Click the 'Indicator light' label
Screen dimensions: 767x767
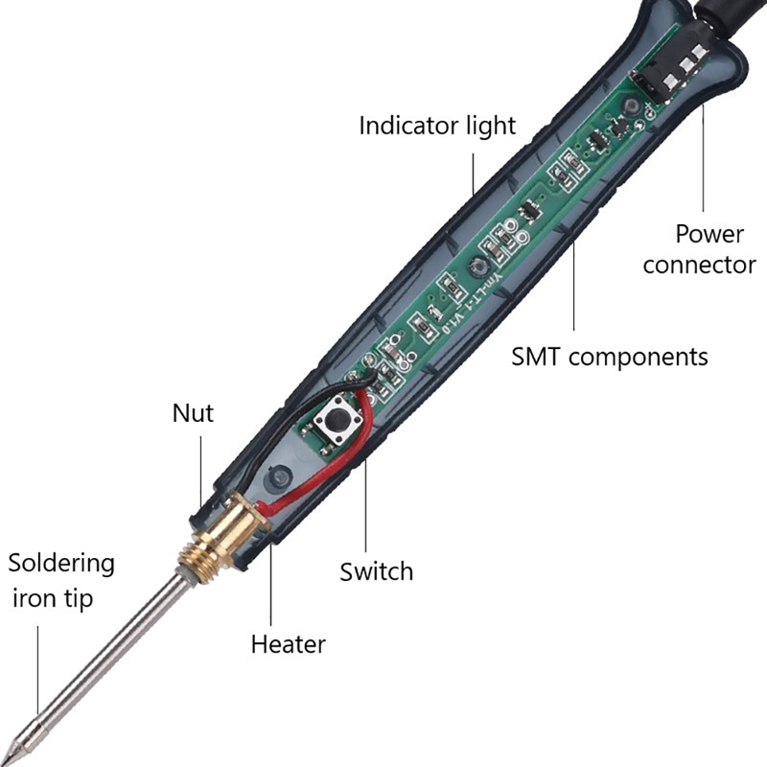tap(437, 126)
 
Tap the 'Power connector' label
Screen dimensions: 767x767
tap(699, 248)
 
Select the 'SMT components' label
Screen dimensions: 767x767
tap(609, 357)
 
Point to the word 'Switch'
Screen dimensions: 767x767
tap(376, 571)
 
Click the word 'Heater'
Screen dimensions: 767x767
tap(288, 643)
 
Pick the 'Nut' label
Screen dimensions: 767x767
tap(193, 413)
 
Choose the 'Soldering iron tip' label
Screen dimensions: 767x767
tap(61, 580)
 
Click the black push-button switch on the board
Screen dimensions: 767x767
tap(338, 423)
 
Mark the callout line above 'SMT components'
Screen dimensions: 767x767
tap(574, 288)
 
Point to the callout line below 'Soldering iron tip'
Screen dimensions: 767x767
tap(38, 671)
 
